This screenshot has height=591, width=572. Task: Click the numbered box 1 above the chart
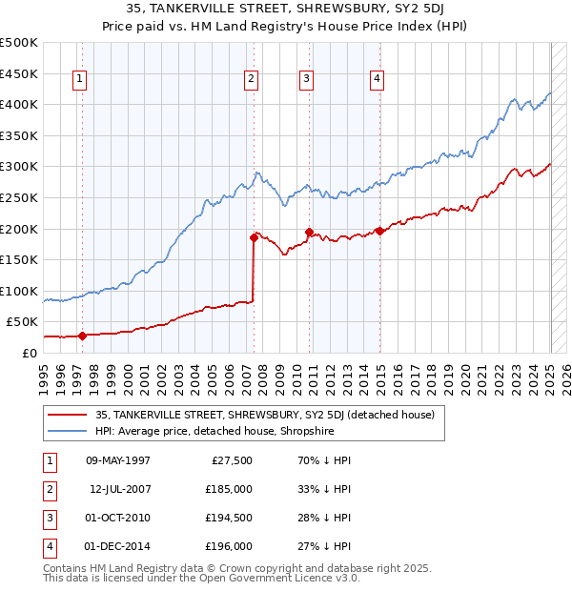[78, 79]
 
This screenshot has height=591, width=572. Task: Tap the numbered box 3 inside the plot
[307, 79]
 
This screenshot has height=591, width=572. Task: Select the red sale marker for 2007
[254, 237]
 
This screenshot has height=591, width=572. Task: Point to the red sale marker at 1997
[82, 336]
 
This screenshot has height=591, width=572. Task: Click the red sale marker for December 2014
[379, 231]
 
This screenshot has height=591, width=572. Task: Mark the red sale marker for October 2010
[309, 232]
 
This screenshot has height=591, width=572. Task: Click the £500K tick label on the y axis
[19, 43]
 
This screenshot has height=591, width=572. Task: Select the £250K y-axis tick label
[19, 197]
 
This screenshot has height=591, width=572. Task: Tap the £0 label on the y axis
[30, 353]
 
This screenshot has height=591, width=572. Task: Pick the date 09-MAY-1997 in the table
[117, 460]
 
